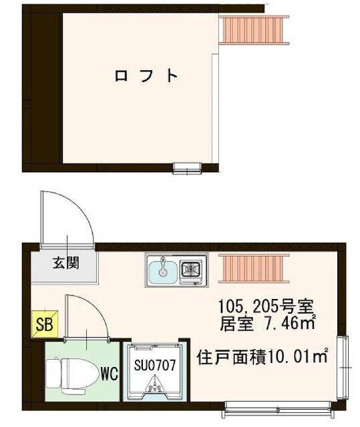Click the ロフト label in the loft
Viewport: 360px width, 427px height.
[146, 75]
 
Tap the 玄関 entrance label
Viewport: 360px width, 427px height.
[66, 262]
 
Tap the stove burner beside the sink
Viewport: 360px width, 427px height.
[191, 269]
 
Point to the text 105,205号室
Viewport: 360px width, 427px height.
[266, 308]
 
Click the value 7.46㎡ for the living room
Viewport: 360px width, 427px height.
[289, 326]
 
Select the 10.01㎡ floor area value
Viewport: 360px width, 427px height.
[298, 358]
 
